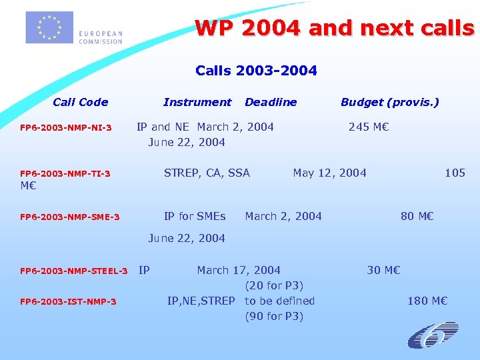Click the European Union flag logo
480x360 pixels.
(x=49, y=28)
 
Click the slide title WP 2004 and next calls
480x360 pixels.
(x=334, y=28)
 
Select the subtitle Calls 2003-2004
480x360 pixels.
(x=256, y=70)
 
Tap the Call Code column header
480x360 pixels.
(x=80, y=102)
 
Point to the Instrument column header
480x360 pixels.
(x=197, y=102)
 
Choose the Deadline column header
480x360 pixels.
(x=271, y=102)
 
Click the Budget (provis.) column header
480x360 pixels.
(x=390, y=102)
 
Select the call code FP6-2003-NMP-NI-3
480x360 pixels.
(x=66, y=127)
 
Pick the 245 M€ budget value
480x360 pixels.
(x=369, y=127)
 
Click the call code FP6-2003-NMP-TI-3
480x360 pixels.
(x=65, y=174)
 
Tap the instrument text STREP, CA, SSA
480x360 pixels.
(x=207, y=173)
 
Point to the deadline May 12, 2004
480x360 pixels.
(x=329, y=173)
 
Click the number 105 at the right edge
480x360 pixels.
(x=455, y=173)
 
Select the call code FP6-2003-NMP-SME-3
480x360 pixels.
(x=70, y=217)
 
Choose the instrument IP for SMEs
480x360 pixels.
(x=195, y=216)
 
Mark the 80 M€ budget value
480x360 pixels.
(x=417, y=216)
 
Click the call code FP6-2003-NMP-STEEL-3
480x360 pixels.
(x=74, y=271)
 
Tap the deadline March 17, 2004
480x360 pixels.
(x=239, y=270)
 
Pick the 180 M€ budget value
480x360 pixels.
(x=427, y=301)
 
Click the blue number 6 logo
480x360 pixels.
(x=433, y=335)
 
